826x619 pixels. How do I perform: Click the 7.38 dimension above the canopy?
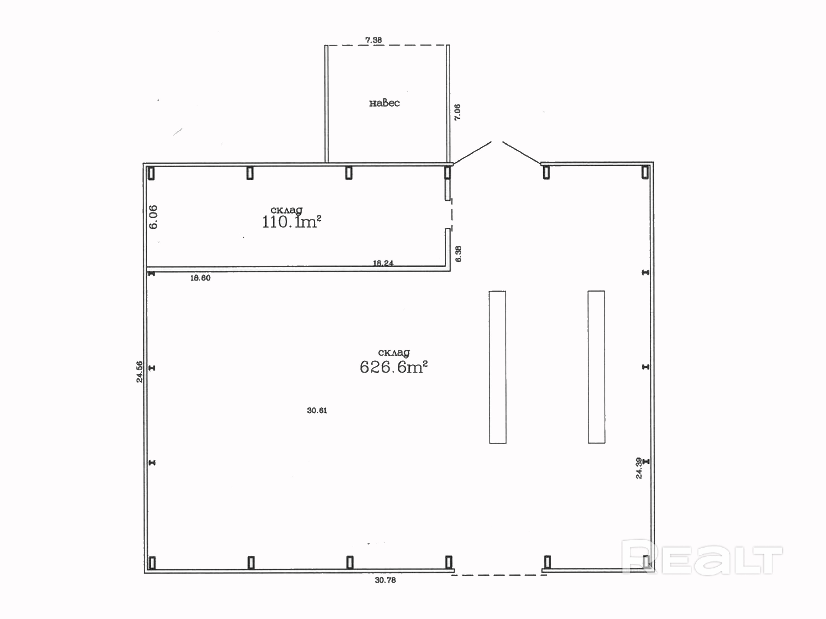(373, 40)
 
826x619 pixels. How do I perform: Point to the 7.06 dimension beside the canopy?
(457, 112)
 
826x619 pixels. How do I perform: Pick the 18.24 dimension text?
(383, 263)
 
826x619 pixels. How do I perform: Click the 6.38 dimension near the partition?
(458, 254)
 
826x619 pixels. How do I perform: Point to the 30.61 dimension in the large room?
(317, 410)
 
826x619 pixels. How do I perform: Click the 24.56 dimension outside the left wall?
(139, 372)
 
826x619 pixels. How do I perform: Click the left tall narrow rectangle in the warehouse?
(498, 367)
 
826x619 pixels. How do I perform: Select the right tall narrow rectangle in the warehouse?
(596, 367)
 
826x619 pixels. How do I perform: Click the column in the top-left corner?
(151, 173)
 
